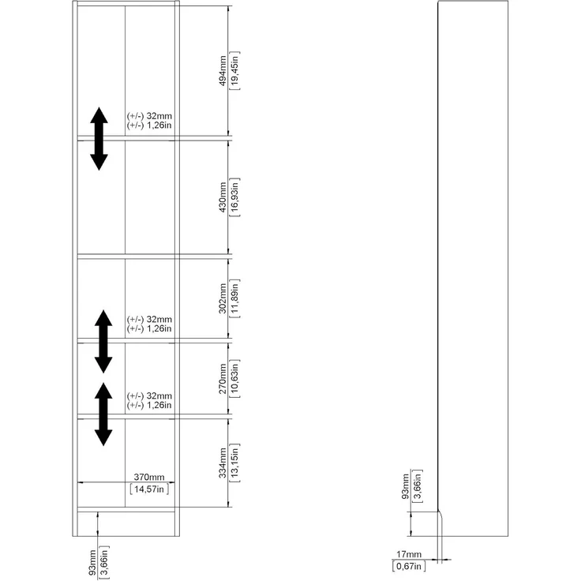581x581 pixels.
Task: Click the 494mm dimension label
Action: (x=223, y=71)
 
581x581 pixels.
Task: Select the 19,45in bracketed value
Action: (x=235, y=71)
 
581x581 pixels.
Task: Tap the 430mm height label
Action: (x=223, y=197)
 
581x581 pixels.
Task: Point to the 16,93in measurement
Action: (x=235, y=197)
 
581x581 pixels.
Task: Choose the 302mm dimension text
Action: (x=223, y=298)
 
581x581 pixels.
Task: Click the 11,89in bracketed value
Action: (x=235, y=298)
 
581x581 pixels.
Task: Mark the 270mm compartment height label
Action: (x=223, y=379)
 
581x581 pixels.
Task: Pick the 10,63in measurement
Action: (x=235, y=379)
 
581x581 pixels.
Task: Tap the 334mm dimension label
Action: (x=223, y=463)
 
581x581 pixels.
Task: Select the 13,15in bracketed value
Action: (x=235, y=463)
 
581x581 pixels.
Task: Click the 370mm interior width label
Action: (x=149, y=477)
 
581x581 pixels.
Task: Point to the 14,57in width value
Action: (x=149, y=489)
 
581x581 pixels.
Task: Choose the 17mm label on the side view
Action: (x=409, y=554)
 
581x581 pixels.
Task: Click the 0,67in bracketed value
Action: (x=409, y=566)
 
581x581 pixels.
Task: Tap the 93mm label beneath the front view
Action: (x=92, y=563)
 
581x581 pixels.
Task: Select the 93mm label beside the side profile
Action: (x=406, y=486)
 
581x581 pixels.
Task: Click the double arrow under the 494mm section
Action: (x=99, y=139)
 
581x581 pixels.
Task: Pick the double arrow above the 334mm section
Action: (x=103, y=414)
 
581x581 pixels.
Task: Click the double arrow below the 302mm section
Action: (x=103, y=341)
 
